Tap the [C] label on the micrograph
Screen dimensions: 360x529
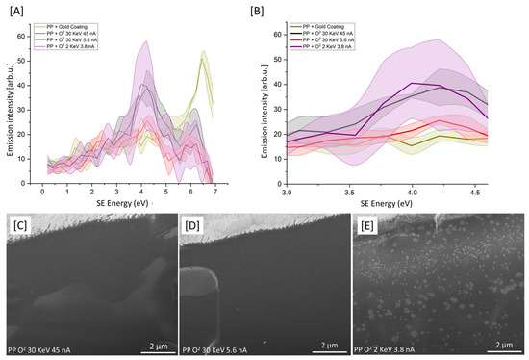21,227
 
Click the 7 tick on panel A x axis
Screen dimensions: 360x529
215,192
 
